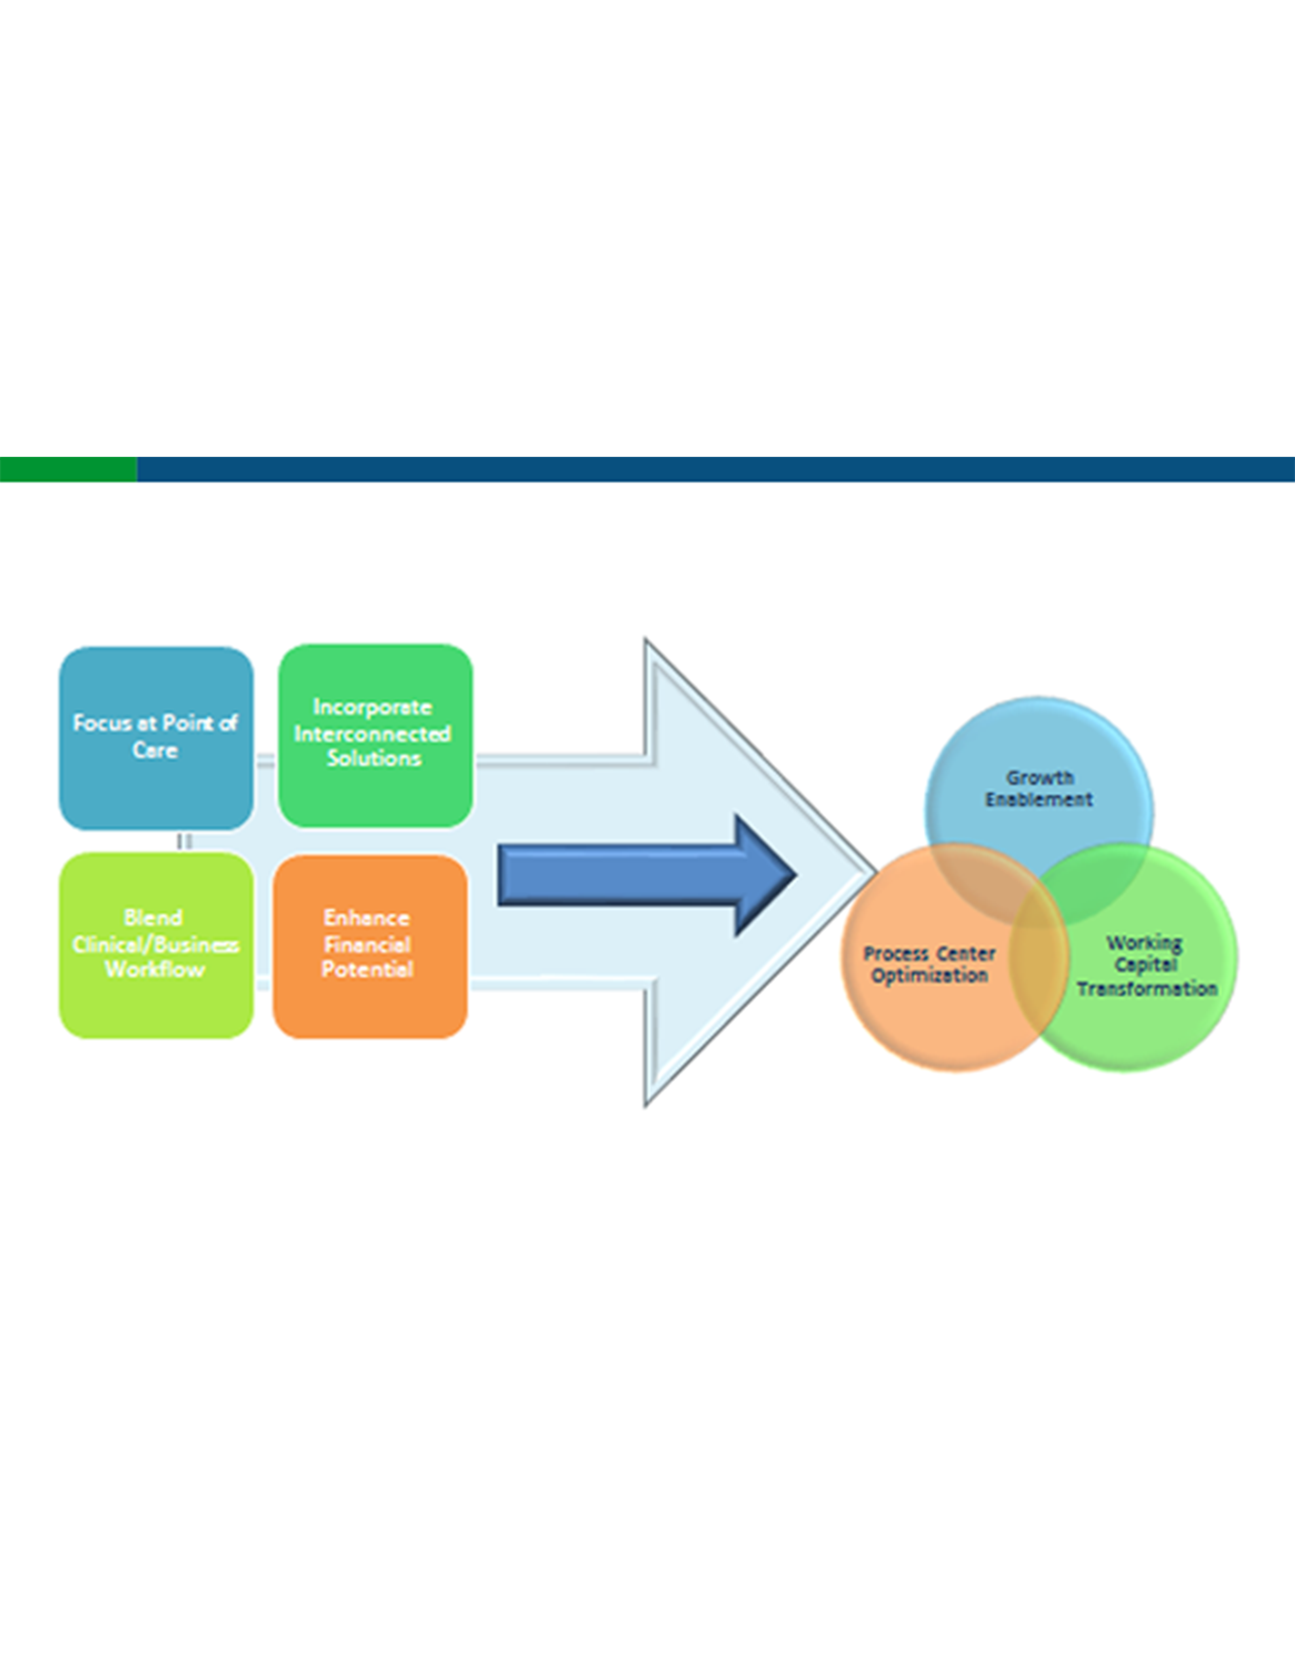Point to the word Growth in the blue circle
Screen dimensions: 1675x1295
1040,778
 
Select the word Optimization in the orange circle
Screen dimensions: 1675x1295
929,976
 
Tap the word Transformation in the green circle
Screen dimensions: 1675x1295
1147,989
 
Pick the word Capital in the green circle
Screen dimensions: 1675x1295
1145,965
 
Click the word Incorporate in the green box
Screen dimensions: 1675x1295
372,707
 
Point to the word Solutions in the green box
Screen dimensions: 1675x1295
374,758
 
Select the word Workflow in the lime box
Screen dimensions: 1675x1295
155,969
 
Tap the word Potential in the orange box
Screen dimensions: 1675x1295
368,969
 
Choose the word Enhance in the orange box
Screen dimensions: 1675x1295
367,918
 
